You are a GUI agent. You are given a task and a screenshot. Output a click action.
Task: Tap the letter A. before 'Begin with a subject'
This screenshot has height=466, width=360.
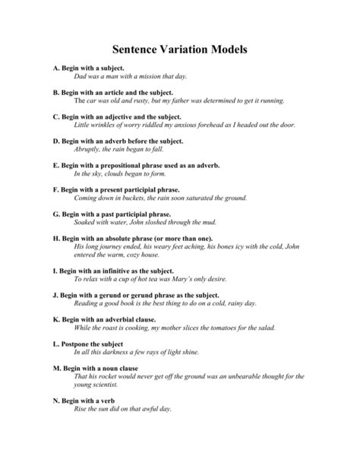point(55,68)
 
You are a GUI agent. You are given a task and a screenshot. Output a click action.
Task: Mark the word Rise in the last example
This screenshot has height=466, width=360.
point(81,408)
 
